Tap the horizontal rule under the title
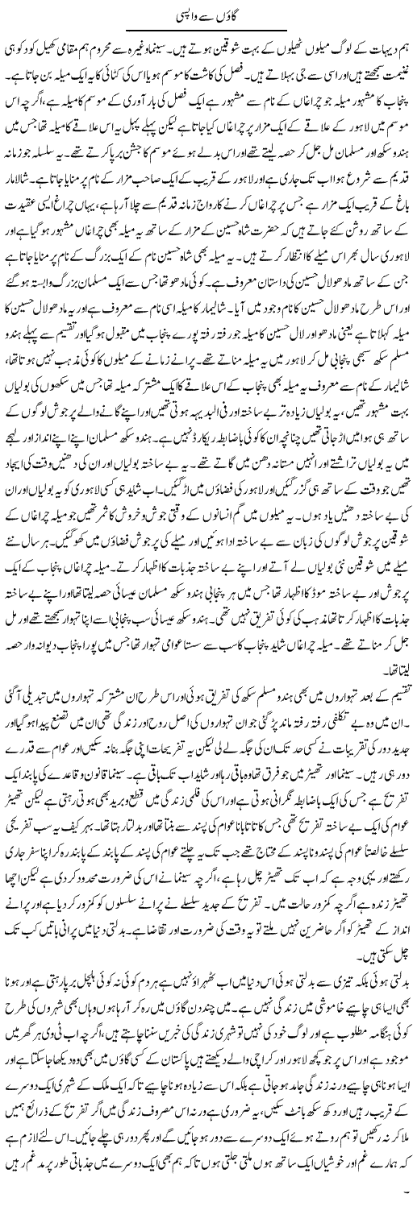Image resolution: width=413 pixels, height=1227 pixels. (206, 31)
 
